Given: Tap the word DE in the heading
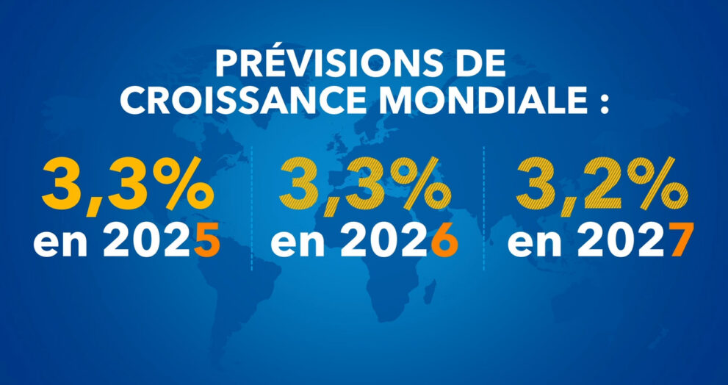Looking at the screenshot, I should [x=481, y=65].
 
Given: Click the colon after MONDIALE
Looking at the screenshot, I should [x=604, y=103].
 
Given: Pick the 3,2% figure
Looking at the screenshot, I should [x=597, y=187].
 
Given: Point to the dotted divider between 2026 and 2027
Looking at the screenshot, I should [x=483, y=209].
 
